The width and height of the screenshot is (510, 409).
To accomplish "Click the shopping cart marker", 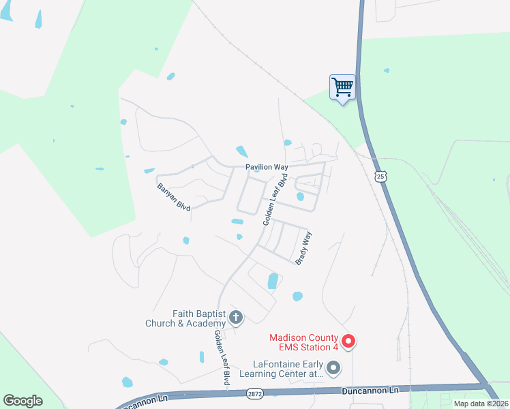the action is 342,87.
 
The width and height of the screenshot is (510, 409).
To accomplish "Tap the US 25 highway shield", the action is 380,177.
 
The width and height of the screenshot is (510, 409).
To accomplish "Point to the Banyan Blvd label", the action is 172,196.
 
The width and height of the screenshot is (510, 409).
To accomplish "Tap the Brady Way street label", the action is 303,248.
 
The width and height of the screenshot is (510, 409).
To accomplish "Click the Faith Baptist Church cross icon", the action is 236,316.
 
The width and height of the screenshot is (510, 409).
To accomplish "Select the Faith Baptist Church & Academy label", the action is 185,318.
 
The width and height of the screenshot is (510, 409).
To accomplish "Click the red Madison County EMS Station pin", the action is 348,341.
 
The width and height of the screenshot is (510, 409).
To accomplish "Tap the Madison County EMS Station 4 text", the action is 303,342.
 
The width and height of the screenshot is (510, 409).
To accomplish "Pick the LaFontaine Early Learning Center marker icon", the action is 333,369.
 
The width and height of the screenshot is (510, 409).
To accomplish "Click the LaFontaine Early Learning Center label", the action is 287,369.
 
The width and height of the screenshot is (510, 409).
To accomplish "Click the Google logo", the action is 22,401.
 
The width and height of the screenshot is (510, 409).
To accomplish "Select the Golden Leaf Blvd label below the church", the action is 222,359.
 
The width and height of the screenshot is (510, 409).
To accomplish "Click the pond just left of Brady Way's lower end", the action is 273,280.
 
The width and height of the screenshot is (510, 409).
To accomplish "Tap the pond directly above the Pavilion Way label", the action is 241,151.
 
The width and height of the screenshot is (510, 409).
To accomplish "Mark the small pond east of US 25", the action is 387,70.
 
